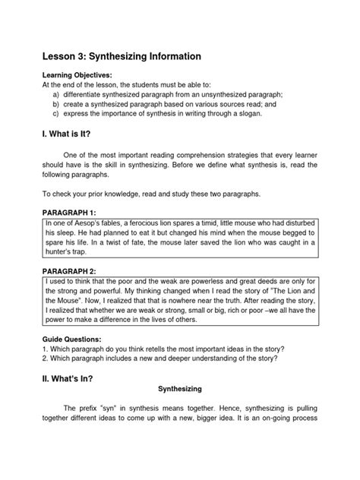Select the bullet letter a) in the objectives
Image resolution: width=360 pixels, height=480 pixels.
coord(56,95)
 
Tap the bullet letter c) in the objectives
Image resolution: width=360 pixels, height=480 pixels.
coord(56,115)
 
